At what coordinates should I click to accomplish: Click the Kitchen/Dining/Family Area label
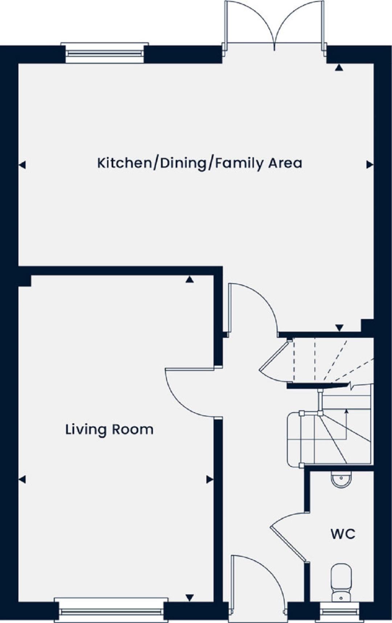[x=200, y=163]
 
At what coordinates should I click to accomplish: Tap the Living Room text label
[x=109, y=429]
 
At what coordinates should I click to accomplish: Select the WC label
[x=343, y=534]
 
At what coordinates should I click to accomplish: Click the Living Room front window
[x=111, y=610]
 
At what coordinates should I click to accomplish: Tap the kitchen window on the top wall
[x=105, y=53]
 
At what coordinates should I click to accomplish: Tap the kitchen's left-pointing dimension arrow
[x=23, y=165]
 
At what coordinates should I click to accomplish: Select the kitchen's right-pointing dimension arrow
[x=369, y=165]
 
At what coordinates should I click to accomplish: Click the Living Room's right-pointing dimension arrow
[x=210, y=480]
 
